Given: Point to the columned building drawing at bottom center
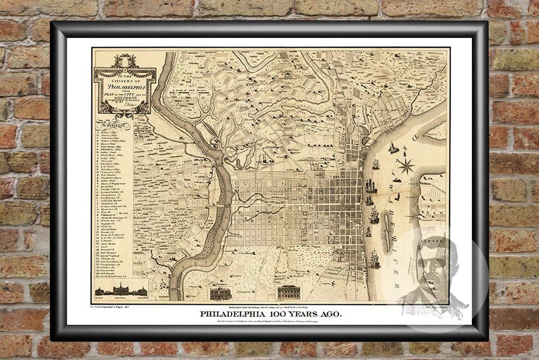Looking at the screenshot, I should click(x=288, y=292).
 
